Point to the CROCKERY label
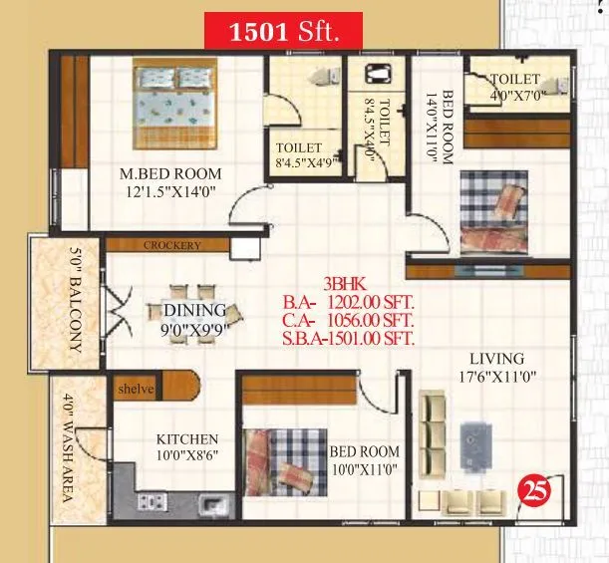point(172,245)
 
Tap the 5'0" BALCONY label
point(74,300)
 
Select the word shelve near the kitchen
point(136,389)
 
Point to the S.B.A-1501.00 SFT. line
point(348,338)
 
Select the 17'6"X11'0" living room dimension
point(498,378)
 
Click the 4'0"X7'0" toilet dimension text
point(515,97)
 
